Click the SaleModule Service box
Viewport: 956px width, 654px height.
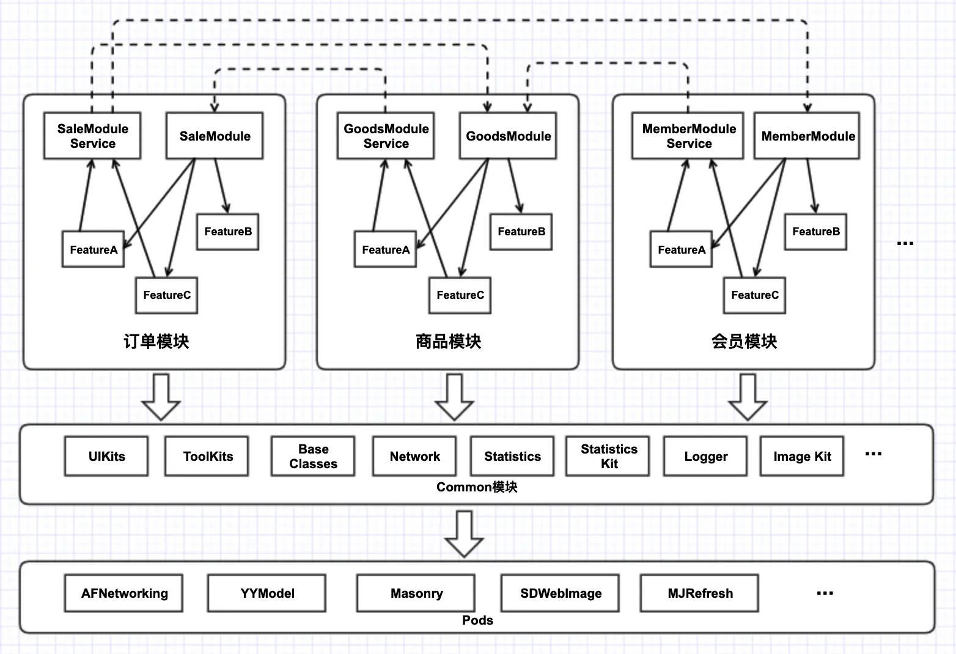(x=92, y=136)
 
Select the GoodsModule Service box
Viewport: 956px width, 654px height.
(x=386, y=136)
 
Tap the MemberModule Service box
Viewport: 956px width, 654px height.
(x=688, y=136)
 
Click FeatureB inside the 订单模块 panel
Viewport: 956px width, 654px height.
(x=228, y=232)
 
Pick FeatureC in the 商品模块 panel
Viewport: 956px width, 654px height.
(x=460, y=295)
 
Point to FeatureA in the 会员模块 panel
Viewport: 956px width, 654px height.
(x=682, y=249)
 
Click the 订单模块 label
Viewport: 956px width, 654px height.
(x=156, y=342)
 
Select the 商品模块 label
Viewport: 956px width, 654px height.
(x=449, y=342)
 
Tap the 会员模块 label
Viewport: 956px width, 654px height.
(x=744, y=342)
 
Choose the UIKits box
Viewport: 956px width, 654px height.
(x=107, y=456)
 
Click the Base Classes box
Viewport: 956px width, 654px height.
(x=313, y=456)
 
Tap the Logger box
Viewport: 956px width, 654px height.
(x=705, y=456)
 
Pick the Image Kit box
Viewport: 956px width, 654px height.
(x=802, y=456)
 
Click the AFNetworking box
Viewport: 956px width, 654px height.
(x=123, y=593)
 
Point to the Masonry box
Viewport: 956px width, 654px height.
(x=416, y=593)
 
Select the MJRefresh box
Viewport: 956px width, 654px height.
(x=699, y=593)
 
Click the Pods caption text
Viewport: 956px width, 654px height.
(x=477, y=620)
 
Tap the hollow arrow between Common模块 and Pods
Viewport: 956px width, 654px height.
(x=464, y=534)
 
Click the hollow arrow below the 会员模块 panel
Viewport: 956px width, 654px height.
(x=748, y=397)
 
